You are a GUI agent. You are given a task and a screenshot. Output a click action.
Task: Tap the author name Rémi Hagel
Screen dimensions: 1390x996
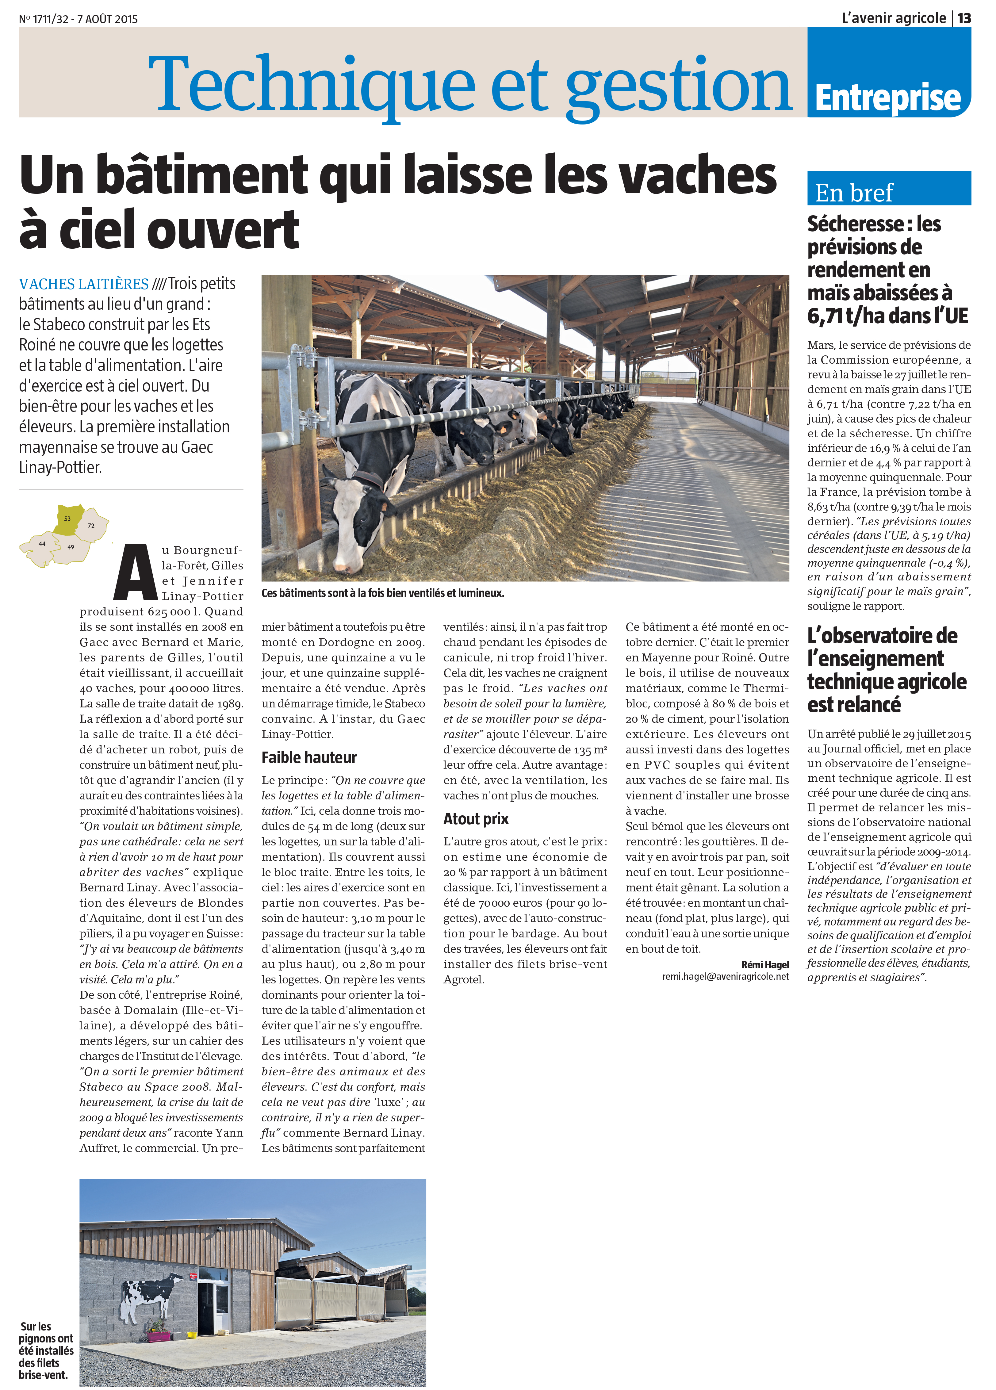765,965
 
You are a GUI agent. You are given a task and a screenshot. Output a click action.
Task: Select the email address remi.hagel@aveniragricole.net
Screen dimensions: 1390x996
725,976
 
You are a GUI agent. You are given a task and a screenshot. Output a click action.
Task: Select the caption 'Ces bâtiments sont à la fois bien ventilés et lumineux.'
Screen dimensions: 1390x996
382,593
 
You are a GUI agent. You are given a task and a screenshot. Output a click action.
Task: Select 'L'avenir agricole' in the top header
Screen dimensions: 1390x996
893,18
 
